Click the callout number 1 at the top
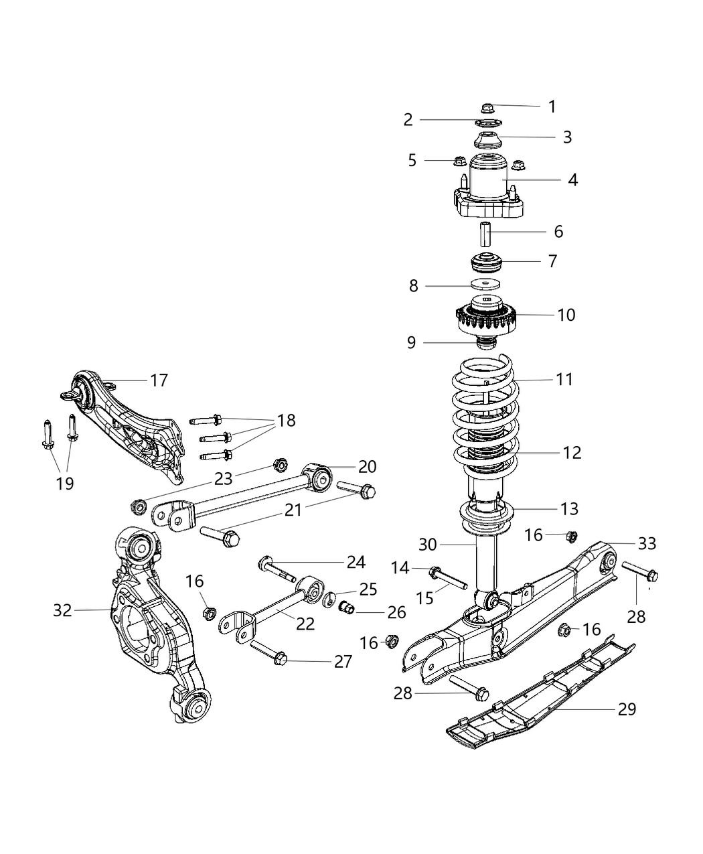pyautogui.click(x=552, y=106)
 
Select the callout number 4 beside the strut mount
pyautogui.click(x=572, y=180)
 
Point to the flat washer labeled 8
pyautogui.click(x=487, y=286)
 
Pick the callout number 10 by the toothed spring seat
pyautogui.click(x=566, y=315)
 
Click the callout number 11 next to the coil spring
pyautogui.click(x=564, y=380)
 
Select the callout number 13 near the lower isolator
pyautogui.click(x=568, y=509)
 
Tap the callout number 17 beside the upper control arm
pyautogui.click(x=159, y=380)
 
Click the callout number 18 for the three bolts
pyautogui.click(x=286, y=421)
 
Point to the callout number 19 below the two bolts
pyautogui.click(x=65, y=484)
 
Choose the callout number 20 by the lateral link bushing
pyautogui.click(x=368, y=466)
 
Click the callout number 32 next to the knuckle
pyautogui.click(x=62, y=610)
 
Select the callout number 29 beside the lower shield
pyautogui.click(x=627, y=709)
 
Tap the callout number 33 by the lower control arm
pyautogui.click(x=647, y=543)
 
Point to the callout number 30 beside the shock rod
pyautogui.click(x=432, y=544)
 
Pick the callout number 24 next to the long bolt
pyautogui.click(x=356, y=562)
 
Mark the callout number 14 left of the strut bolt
pyautogui.click(x=400, y=569)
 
